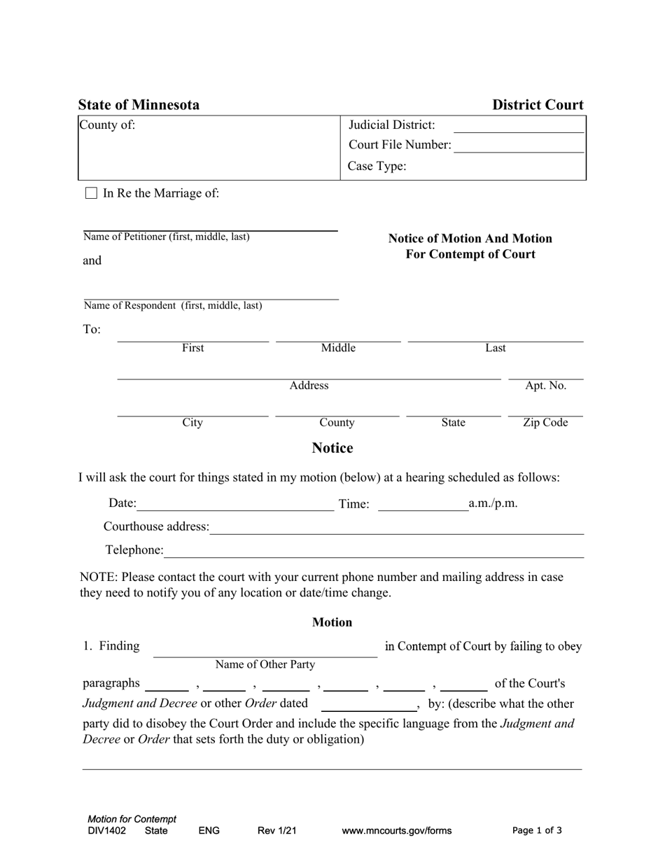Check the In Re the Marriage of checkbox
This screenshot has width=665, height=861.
[91, 194]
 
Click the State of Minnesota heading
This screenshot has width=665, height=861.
[139, 105]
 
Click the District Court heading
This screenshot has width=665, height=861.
[538, 105]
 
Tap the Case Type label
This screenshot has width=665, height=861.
[377, 167]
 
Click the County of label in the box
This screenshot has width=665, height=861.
[108, 125]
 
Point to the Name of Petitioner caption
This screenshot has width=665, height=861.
[167, 237]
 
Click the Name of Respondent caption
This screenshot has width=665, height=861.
[173, 305]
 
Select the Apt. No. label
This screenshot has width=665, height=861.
[545, 386]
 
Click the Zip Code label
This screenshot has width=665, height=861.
[545, 423]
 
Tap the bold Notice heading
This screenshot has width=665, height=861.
[332, 448]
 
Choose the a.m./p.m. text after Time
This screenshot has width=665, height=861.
[493, 503]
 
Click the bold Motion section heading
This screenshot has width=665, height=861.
[332, 622]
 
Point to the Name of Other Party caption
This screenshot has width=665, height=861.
[265, 664]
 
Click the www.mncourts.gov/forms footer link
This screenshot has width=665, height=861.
[397, 831]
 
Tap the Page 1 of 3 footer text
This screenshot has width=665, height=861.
[537, 831]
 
